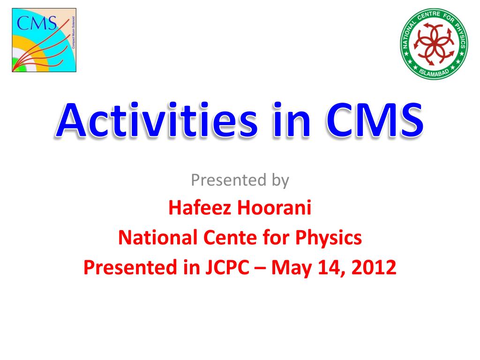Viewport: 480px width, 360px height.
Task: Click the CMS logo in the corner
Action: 44,40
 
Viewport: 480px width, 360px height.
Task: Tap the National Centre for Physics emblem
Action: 434,44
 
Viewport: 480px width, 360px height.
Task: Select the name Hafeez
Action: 200,207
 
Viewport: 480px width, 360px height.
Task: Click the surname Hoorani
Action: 274,207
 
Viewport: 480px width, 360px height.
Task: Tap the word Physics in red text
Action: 328,238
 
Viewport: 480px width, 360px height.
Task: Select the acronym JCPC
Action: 227,267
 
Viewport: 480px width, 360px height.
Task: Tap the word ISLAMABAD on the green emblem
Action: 434,73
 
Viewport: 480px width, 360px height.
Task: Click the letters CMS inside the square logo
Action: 37,23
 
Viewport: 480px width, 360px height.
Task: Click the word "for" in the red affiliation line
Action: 276,237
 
